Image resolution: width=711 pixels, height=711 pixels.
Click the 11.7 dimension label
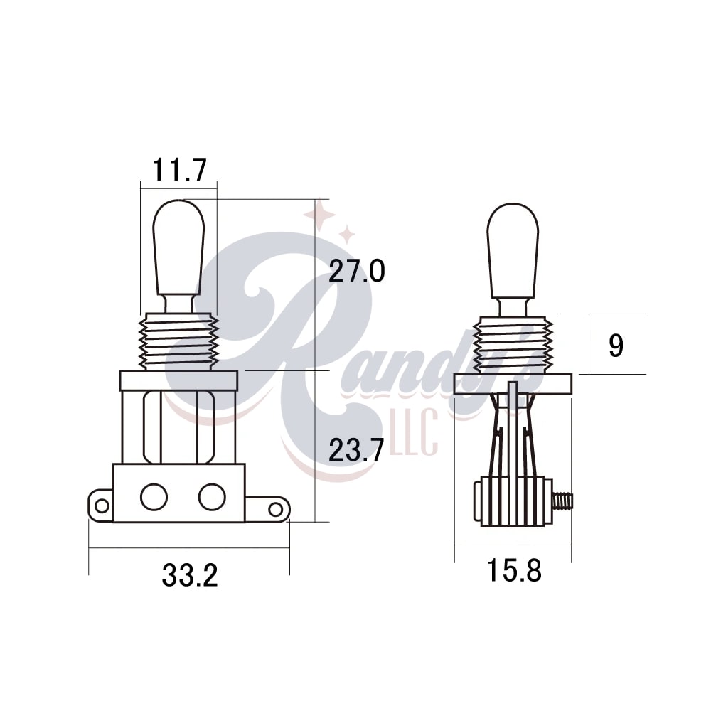(179, 170)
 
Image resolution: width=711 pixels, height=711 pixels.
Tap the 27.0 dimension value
(357, 271)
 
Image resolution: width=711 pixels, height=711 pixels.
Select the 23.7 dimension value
(357, 449)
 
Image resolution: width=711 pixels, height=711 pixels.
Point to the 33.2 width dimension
(189, 575)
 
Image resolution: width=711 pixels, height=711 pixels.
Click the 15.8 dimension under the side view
(514, 570)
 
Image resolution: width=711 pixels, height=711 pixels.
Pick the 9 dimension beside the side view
(616, 346)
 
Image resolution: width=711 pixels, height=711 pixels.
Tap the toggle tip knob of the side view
(513, 250)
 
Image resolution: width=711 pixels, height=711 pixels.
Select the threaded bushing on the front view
(178, 342)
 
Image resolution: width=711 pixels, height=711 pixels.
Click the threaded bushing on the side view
(513, 345)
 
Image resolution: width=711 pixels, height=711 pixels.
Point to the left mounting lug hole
(102, 506)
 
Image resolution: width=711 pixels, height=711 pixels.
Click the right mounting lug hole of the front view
(275, 509)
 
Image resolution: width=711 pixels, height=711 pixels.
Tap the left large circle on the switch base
(154, 497)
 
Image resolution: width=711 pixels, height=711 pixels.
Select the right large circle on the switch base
(212, 497)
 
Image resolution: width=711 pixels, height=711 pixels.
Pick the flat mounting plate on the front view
(178, 380)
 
